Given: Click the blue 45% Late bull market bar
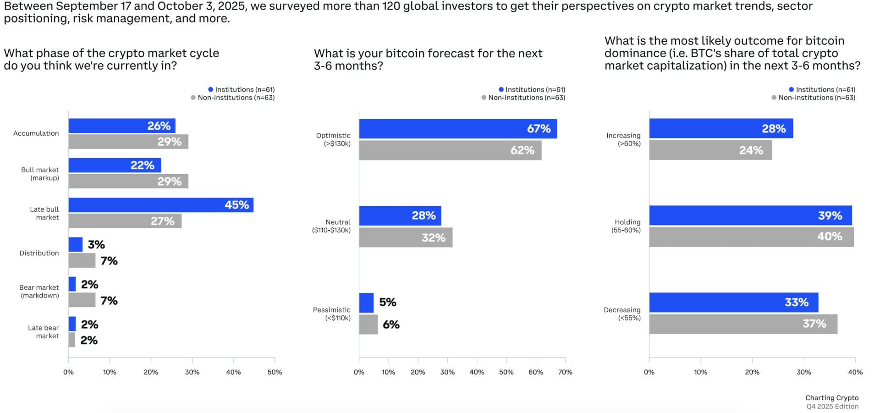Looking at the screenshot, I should tap(160, 205).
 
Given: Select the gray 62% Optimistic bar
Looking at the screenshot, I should tap(450, 150).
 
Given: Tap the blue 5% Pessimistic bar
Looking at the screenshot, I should tap(366, 303).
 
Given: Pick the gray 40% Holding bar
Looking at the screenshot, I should tap(751, 237).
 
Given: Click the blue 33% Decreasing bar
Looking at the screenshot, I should tap(733, 303).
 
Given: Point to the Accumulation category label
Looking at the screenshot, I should tap(36, 133).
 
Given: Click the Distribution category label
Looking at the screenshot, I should tap(39, 253).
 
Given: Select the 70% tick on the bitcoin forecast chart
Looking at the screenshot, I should tap(565, 372).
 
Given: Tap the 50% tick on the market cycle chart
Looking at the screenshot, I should tap(275, 372).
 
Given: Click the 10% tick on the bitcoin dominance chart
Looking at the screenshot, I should tap(700, 372).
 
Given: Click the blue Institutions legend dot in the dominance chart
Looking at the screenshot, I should tap(791, 89).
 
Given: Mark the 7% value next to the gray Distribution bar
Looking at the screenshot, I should tap(109, 261).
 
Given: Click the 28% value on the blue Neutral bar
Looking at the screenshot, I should tap(423, 215).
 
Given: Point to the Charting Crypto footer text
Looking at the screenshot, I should tap(832, 398).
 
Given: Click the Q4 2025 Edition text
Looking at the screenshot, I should tap(832, 407).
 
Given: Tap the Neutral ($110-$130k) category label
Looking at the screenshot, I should tap(332, 226).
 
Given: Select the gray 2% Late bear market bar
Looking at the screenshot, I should tap(72, 340).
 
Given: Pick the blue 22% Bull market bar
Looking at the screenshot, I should tap(115, 165).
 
